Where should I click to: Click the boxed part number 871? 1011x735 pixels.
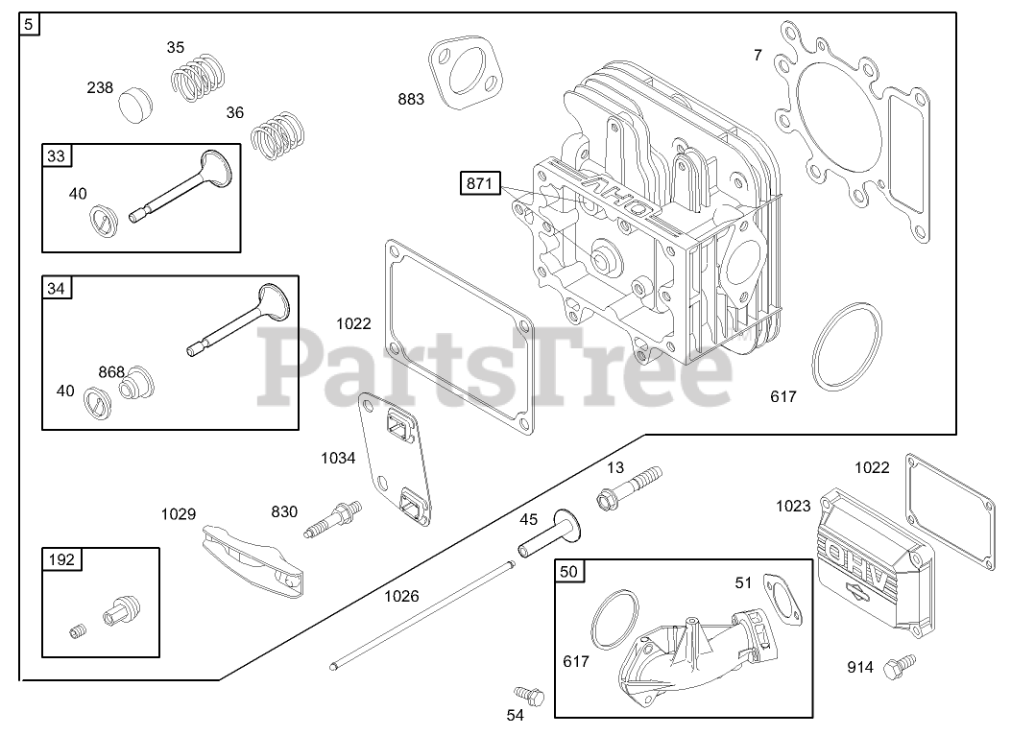point(480,184)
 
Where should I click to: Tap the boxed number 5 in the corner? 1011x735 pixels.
point(30,25)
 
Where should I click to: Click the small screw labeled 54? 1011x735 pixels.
point(527,693)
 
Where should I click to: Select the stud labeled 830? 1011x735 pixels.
point(332,518)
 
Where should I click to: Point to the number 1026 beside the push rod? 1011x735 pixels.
point(401,596)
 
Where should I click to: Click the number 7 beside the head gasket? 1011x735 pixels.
point(758,56)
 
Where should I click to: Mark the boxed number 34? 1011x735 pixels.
point(57,287)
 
